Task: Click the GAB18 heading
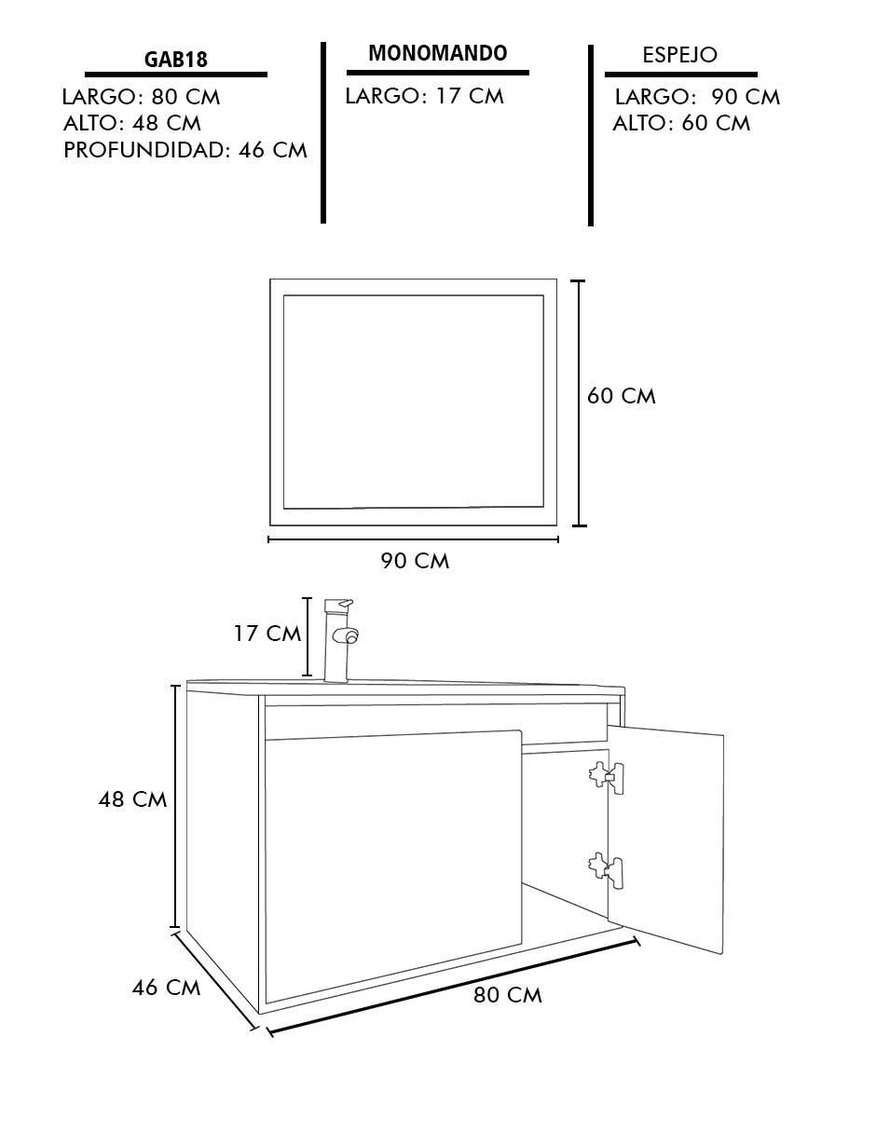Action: (x=175, y=60)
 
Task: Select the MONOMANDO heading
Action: (x=437, y=52)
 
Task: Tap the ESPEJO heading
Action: (x=679, y=55)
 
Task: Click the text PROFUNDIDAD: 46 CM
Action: (x=185, y=150)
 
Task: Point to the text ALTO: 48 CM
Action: (x=131, y=124)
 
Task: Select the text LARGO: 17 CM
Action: (x=424, y=96)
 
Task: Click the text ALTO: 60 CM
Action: (x=681, y=124)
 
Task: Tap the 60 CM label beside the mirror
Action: (x=621, y=397)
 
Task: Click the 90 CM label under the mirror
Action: (x=415, y=561)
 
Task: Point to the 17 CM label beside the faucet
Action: (x=267, y=634)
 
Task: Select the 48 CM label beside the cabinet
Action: (x=132, y=799)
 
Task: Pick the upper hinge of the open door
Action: (x=607, y=777)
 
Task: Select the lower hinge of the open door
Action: (x=607, y=872)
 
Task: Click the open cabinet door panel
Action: (x=665, y=839)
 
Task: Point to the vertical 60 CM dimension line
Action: (x=579, y=403)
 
